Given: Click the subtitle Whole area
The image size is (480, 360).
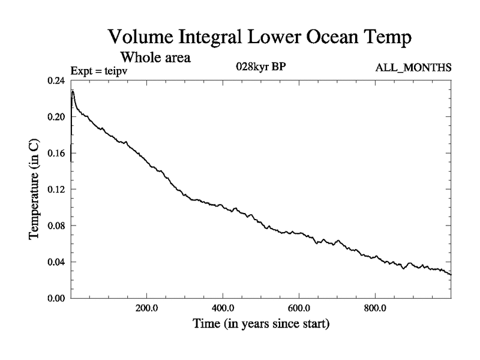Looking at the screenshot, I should (156, 58).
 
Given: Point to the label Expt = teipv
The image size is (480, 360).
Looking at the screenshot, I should (100, 70).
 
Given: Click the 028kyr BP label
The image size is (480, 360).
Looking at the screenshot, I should (260, 67).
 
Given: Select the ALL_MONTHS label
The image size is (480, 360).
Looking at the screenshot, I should (413, 68).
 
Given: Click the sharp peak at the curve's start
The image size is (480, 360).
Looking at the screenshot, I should (73, 91).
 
